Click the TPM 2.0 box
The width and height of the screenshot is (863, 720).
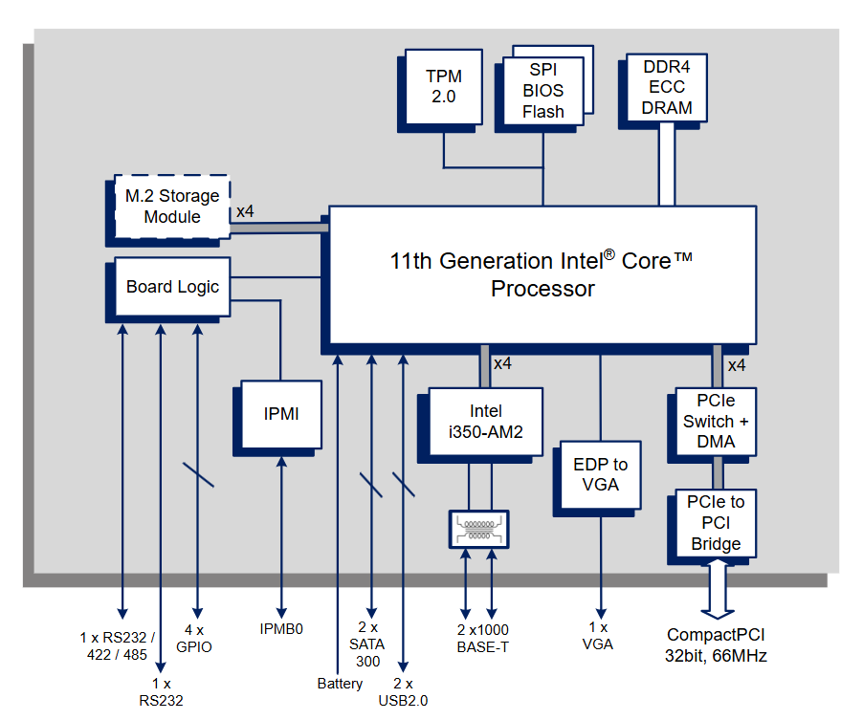[x=443, y=86]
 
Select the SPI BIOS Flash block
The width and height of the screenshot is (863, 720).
[x=542, y=91]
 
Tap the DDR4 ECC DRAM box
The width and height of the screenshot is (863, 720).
[x=667, y=87]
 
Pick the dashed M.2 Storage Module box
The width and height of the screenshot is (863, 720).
[x=172, y=207]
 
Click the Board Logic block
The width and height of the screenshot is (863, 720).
[x=172, y=287]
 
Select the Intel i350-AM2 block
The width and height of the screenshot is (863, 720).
[x=485, y=422]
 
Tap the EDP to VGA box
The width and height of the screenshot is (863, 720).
[x=600, y=474]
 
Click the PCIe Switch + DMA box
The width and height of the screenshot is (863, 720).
[x=716, y=422]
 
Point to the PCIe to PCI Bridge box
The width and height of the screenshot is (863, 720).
[x=716, y=523]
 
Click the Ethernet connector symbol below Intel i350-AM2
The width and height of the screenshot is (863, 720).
[x=478, y=529]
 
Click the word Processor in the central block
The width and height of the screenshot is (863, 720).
[x=542, y=289]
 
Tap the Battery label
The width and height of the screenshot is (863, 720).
[x=340, y=684]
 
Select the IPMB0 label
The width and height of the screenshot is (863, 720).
[x=281, y=629]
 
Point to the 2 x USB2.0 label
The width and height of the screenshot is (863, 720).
[x=403, y=691]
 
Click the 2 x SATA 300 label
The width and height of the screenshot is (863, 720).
[x=368, y=645]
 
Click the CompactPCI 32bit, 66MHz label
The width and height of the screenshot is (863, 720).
[x=716, y=645]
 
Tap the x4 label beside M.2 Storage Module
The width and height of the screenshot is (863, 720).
[x=245, y=210]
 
